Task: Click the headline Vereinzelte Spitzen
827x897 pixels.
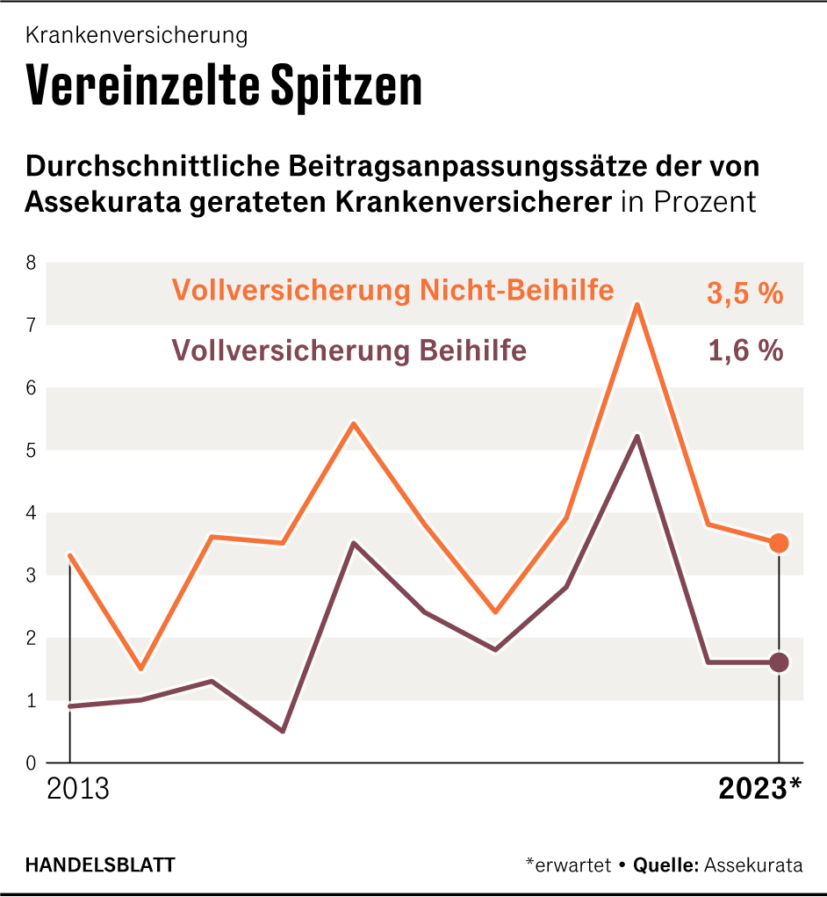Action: pos(224,85)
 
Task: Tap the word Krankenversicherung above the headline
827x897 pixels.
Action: pos(136,35)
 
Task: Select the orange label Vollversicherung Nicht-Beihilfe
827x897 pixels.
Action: pos(392,291)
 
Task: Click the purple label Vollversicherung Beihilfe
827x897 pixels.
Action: pos(349,351)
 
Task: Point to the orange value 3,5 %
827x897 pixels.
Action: pos(744,294)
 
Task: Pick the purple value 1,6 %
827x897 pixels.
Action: pos(744,351)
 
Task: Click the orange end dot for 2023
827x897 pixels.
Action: pos(779,544)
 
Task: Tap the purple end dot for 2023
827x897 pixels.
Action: pos(779,662)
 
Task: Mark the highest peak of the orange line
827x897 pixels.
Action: pos(636,304)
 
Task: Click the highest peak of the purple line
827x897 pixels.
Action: pos(636,436)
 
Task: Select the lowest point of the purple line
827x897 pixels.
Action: pos(283,731)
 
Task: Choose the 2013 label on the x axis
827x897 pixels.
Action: pos(78,789)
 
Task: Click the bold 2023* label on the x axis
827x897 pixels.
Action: pos(759,789)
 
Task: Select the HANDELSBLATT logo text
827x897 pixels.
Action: pos(99,864)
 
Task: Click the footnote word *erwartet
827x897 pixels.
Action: pos(568,864)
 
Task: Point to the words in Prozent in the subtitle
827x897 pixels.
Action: pos(687,202)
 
